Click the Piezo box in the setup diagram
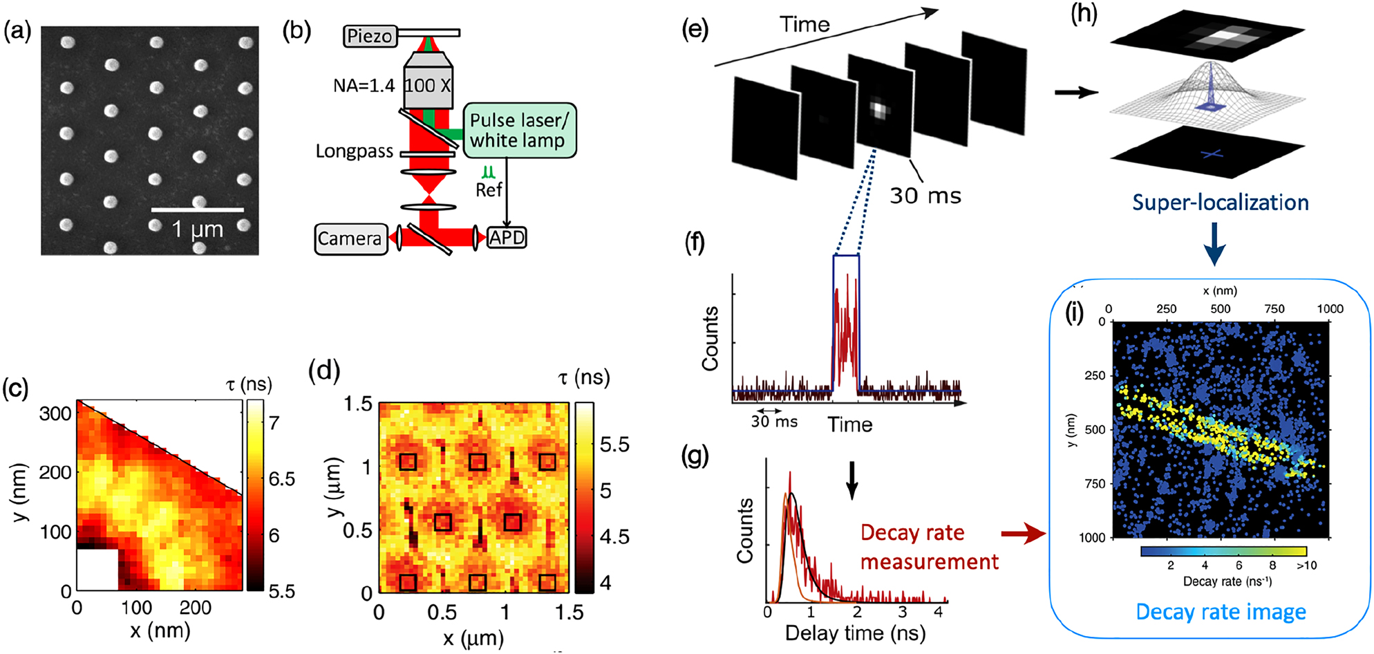point(370,36)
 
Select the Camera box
point(350,239)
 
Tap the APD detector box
point(507,239)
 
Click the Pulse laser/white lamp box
point(518,131)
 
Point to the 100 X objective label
point(428,86)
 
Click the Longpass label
point(354,151)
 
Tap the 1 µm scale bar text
point(197,230)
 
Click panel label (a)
point(17,31)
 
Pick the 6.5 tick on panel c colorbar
point(281,479)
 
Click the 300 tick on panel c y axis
point(55,413)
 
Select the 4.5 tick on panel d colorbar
point(614,537)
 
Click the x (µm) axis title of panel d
point(473,638)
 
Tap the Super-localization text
point(1220,203)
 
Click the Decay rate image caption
point(1221,612)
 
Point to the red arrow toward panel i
point(1023,533)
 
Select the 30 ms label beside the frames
point(925,196)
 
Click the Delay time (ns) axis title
point(855,633)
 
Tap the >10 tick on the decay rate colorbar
point(1306,566)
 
